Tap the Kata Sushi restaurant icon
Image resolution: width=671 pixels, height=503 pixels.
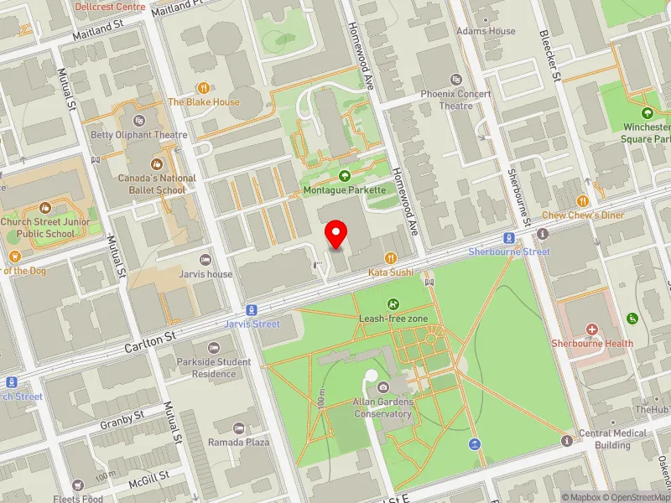tap(390, 258)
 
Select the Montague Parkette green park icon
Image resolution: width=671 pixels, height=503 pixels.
tap(344, 176)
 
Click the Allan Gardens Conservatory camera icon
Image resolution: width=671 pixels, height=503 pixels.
tap(383, 386)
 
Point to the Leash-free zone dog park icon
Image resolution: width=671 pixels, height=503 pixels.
tap(392, 303)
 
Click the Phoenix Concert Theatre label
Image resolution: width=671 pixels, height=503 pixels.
tap(457, 100)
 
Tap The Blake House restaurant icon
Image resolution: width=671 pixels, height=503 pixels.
tap(203, 87)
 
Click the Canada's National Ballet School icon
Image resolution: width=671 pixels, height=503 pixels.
tap(156, 164)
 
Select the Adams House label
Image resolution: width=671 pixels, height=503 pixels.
tap(486, 31)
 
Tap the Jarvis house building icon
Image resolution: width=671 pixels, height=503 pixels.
tap(205, 259)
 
